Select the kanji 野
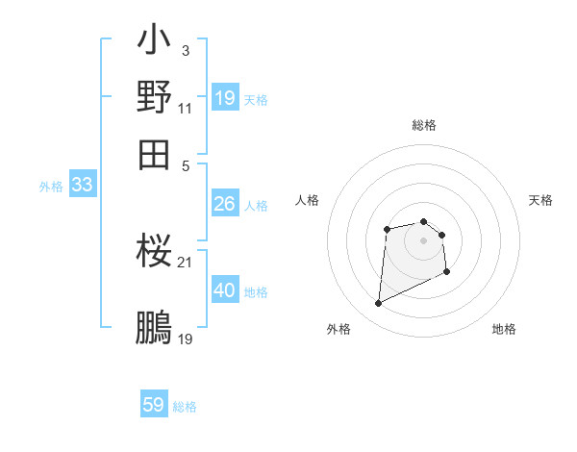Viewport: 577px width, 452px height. [x=154, y=96]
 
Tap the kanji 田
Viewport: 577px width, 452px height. [x=154, y=152]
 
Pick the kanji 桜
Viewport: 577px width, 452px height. [x=154, y=252]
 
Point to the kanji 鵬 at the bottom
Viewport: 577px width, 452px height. [x=154, y=326]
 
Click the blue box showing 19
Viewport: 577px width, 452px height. [x=225, y=98]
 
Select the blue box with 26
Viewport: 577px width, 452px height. [x=225, y=204]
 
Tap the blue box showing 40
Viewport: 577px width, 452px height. [x=225, y=290]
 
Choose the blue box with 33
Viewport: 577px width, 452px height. [x=82, y=186]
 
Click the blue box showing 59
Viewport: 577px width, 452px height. [x=154, y=405]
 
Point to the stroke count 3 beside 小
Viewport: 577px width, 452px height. [x=185, y=50]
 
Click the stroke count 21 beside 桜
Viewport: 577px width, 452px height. [x=186, y=262]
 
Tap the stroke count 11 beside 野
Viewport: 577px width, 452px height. [x=186, y=107]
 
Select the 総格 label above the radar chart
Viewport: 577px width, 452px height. [x=424, y=125]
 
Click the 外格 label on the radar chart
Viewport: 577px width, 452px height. [x=339, y=329]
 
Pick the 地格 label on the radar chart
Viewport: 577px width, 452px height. [x=504, y=329]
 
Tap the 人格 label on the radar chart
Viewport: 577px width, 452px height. [x=308, y=200]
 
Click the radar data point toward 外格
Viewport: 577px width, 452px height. [x=378, y=304]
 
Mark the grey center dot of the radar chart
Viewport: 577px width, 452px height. [x=424, y=239]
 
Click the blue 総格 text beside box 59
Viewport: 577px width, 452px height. [x=185, y=407]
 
